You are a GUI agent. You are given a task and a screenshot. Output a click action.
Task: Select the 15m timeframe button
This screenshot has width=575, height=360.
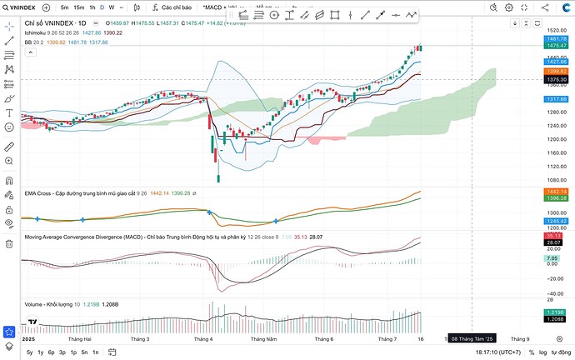[78, 7]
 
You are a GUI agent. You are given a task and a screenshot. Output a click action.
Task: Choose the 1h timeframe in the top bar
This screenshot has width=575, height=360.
[92, 7]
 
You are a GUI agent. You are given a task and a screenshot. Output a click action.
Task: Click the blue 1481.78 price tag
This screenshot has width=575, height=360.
[557, 39]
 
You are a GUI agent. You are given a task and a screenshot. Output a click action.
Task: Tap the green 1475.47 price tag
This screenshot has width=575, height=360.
[557, 47]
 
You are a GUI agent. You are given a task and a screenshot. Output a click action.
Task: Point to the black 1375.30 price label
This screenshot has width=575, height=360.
[557, 80]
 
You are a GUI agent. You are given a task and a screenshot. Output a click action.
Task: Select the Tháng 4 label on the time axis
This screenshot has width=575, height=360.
[203, 339]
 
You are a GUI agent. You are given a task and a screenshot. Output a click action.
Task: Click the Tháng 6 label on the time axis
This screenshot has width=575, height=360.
[324, 339]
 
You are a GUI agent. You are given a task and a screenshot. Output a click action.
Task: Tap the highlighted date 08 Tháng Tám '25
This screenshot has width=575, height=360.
[472, 339]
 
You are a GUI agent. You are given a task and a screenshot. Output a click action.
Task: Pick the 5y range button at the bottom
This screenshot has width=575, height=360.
[29, 352]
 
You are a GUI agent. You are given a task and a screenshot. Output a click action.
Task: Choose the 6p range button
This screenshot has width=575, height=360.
[51, 352]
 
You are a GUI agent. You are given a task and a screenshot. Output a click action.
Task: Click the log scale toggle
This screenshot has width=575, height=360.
[543, 352]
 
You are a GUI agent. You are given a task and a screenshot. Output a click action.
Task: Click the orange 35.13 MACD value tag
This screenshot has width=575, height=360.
[557, 237]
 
